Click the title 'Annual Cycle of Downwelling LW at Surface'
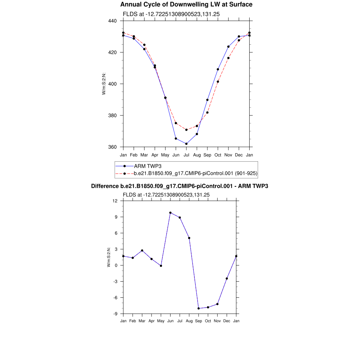186,5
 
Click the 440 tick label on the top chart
112,21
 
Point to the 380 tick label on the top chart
112,115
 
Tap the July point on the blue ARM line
186,144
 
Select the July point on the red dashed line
186,130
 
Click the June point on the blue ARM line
176,139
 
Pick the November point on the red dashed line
229,58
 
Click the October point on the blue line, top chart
218,69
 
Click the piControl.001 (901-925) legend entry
196,173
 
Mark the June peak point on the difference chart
170,213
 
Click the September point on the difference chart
199,308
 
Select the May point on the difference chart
161,266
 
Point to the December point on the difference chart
227,278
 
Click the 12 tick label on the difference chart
115,201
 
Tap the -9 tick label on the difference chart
115,314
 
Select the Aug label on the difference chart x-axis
189,321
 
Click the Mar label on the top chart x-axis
144,155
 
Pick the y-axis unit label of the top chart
104,84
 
